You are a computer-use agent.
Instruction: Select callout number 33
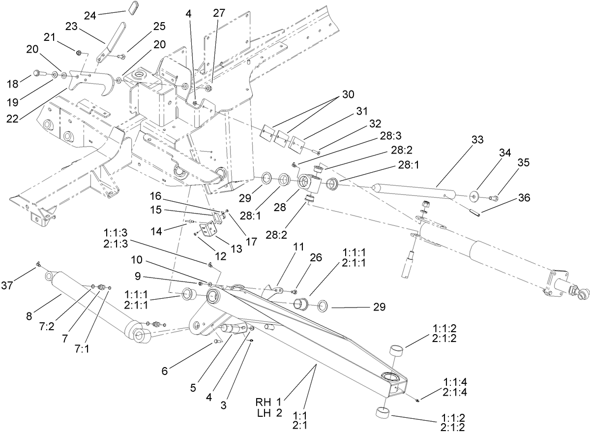[477, 140]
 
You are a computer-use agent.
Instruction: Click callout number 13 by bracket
[236, 249]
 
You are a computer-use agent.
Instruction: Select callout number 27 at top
[219, 14]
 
